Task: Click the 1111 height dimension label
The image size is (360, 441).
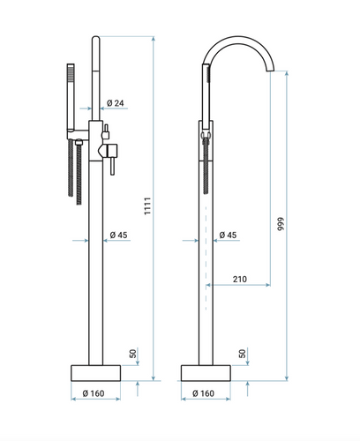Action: coord(147,206)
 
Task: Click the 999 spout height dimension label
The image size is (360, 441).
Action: coord(281,224)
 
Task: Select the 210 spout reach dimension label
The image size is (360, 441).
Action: coord(240,279)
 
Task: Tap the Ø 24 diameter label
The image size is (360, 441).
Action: coord(116,103)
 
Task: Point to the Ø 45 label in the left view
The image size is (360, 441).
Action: coord(118,235)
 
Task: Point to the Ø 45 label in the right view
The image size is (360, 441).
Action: coord(228,235)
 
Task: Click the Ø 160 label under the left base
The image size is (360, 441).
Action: coord(94,393)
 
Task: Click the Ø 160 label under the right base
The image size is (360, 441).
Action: coord(203,393)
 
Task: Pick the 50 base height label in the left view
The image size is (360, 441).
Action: coord(133,354)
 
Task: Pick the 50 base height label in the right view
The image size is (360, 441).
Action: coord(243,354)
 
